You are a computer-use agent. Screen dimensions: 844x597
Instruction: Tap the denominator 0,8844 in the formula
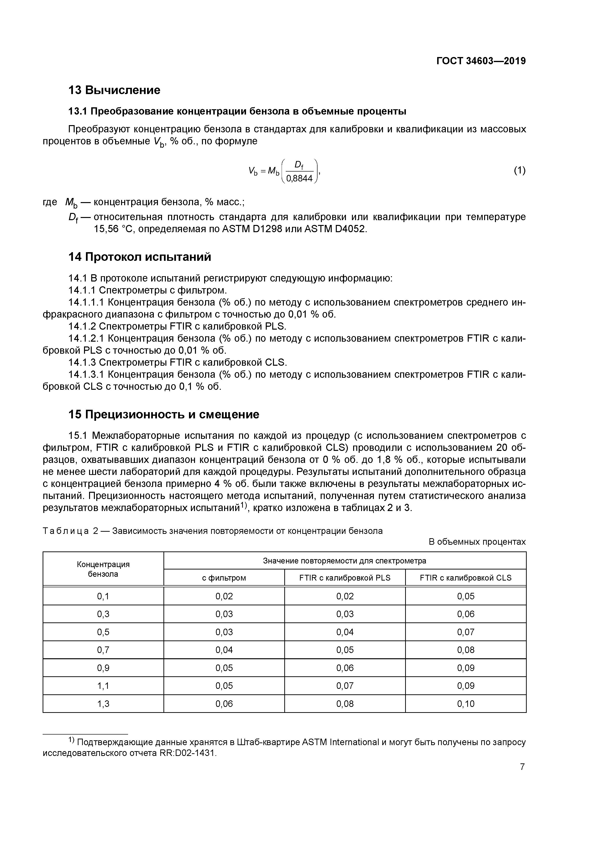coord(299,179)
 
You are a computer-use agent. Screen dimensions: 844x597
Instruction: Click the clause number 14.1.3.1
coord(86,375)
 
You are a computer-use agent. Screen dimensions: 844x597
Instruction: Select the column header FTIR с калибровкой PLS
coord(345,578)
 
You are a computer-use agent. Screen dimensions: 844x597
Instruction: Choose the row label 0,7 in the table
coord(103,650)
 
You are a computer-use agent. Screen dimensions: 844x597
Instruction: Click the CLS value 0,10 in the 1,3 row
coord(465,703)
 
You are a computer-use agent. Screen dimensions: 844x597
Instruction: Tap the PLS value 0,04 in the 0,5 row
coord(345,632)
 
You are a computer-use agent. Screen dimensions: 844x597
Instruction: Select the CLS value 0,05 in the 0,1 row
coord(465,596)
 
